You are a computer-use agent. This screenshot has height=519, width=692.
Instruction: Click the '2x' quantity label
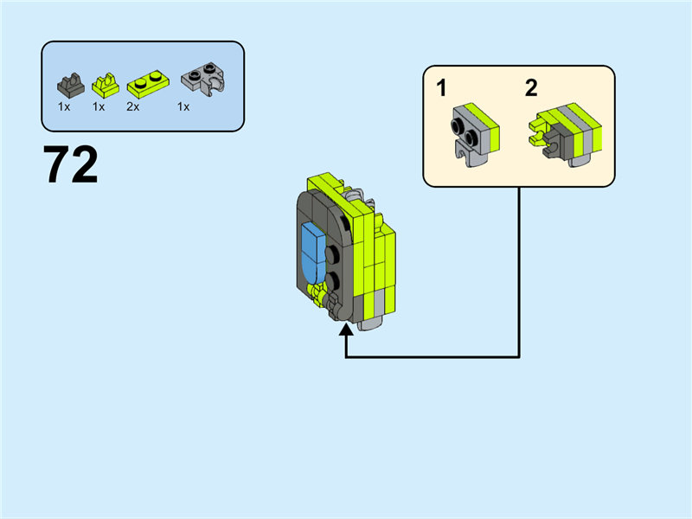(x=132, y=106)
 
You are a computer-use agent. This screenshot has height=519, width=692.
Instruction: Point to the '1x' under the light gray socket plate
(x=183, y=106)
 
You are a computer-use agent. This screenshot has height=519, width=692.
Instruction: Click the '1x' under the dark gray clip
(x=64, y=106)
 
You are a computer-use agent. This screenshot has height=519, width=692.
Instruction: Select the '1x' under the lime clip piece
(x=99, y=106)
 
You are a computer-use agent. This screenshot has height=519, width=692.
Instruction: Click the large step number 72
(x=70, y=165)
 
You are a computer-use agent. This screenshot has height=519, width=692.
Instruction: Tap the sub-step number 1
(x=442, y=88)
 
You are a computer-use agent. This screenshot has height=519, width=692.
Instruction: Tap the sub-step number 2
(x=531, y=88)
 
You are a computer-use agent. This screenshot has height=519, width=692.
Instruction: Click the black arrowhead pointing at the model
(x=347, y=330)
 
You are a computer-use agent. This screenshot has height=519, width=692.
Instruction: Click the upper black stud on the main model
(x=333, y=253)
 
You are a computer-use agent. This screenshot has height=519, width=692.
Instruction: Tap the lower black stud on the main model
(x=333, y=279)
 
